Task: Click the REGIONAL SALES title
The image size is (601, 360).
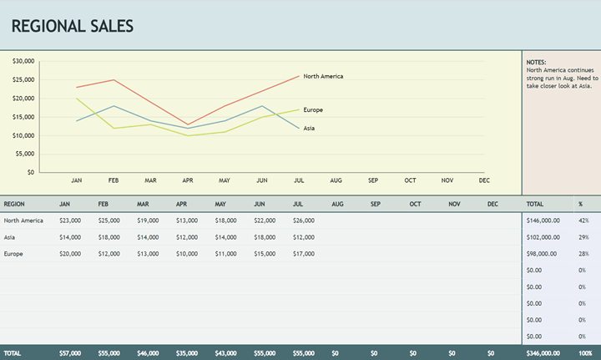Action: pyautogui.click(x=73, y=26)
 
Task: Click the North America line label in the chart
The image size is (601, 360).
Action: pyautogui.click(x=323, y=76)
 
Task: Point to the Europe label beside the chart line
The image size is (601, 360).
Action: pyautogui.click(x=313, y=109)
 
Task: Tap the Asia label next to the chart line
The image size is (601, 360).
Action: pyautogui.click(x=309, y=128)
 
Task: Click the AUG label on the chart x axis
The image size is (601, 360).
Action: pyautogui.click(x=336, y=180)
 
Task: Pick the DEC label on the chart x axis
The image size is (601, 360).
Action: pyautogui.click(x=484, y=180)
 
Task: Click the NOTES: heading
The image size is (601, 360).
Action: pyautogui.click(x=537, y=63)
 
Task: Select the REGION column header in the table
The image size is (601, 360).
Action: pyautogui.click(x=15, y=204)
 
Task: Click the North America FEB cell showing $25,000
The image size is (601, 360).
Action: pyautogui.click(x=109, y=221)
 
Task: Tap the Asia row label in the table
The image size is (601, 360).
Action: pyautogui.click(x=11, y=237)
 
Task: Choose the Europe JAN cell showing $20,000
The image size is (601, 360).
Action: pyautogui.click(x=70, y=253)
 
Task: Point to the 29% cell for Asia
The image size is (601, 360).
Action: pyautogui.click(x=583, y=237)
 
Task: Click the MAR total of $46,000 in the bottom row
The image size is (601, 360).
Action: pyautogui.click(x=148, y=353)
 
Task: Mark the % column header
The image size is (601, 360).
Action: pyautogui.click(x=581, y=204)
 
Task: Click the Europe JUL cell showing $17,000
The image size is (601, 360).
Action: pyautogui.click(x=304, y=253)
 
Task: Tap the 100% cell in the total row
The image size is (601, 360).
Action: pyautogui.click(x=585, y=353)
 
